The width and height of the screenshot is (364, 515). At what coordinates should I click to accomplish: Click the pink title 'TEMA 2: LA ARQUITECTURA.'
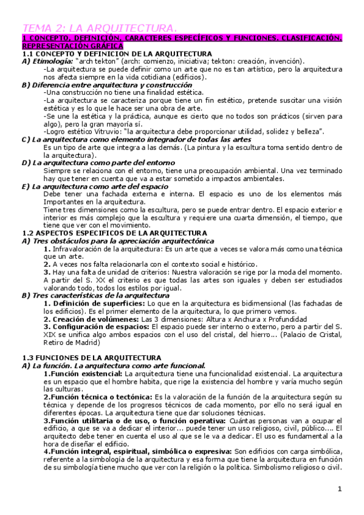click(x=100, y=28)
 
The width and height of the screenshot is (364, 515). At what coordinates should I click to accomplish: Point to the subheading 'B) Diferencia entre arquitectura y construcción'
click(x=106, y=84)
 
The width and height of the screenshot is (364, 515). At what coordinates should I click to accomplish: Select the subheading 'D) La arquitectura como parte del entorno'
click(x=98, y=163)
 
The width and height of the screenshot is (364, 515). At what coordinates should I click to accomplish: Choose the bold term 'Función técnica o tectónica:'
click(x=98, y=397)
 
